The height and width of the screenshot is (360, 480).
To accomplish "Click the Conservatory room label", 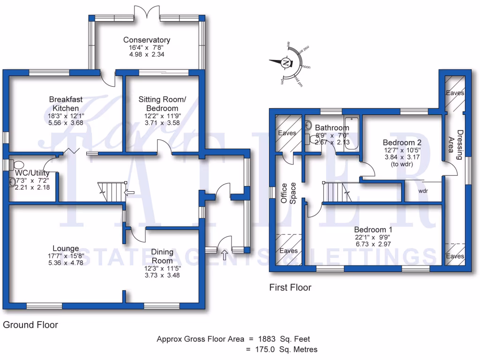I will point(147,40).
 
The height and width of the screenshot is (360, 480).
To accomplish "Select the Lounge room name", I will point(66,248).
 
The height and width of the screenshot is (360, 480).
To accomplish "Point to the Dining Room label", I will point(162,256).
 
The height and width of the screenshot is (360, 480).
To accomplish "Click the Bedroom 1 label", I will point(373,230).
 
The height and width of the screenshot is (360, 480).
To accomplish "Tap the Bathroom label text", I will point(332,127).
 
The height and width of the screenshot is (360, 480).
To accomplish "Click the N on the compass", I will point(286,62).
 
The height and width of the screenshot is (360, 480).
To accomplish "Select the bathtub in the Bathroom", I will point(351,133).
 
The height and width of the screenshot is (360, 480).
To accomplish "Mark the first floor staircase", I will point(336,192).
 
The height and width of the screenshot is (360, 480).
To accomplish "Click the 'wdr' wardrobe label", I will point(423,191).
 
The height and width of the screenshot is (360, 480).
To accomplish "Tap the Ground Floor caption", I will point(30,324).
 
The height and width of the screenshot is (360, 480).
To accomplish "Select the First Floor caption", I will point(290,287).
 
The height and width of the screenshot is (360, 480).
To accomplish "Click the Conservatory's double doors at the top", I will point(147,11).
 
